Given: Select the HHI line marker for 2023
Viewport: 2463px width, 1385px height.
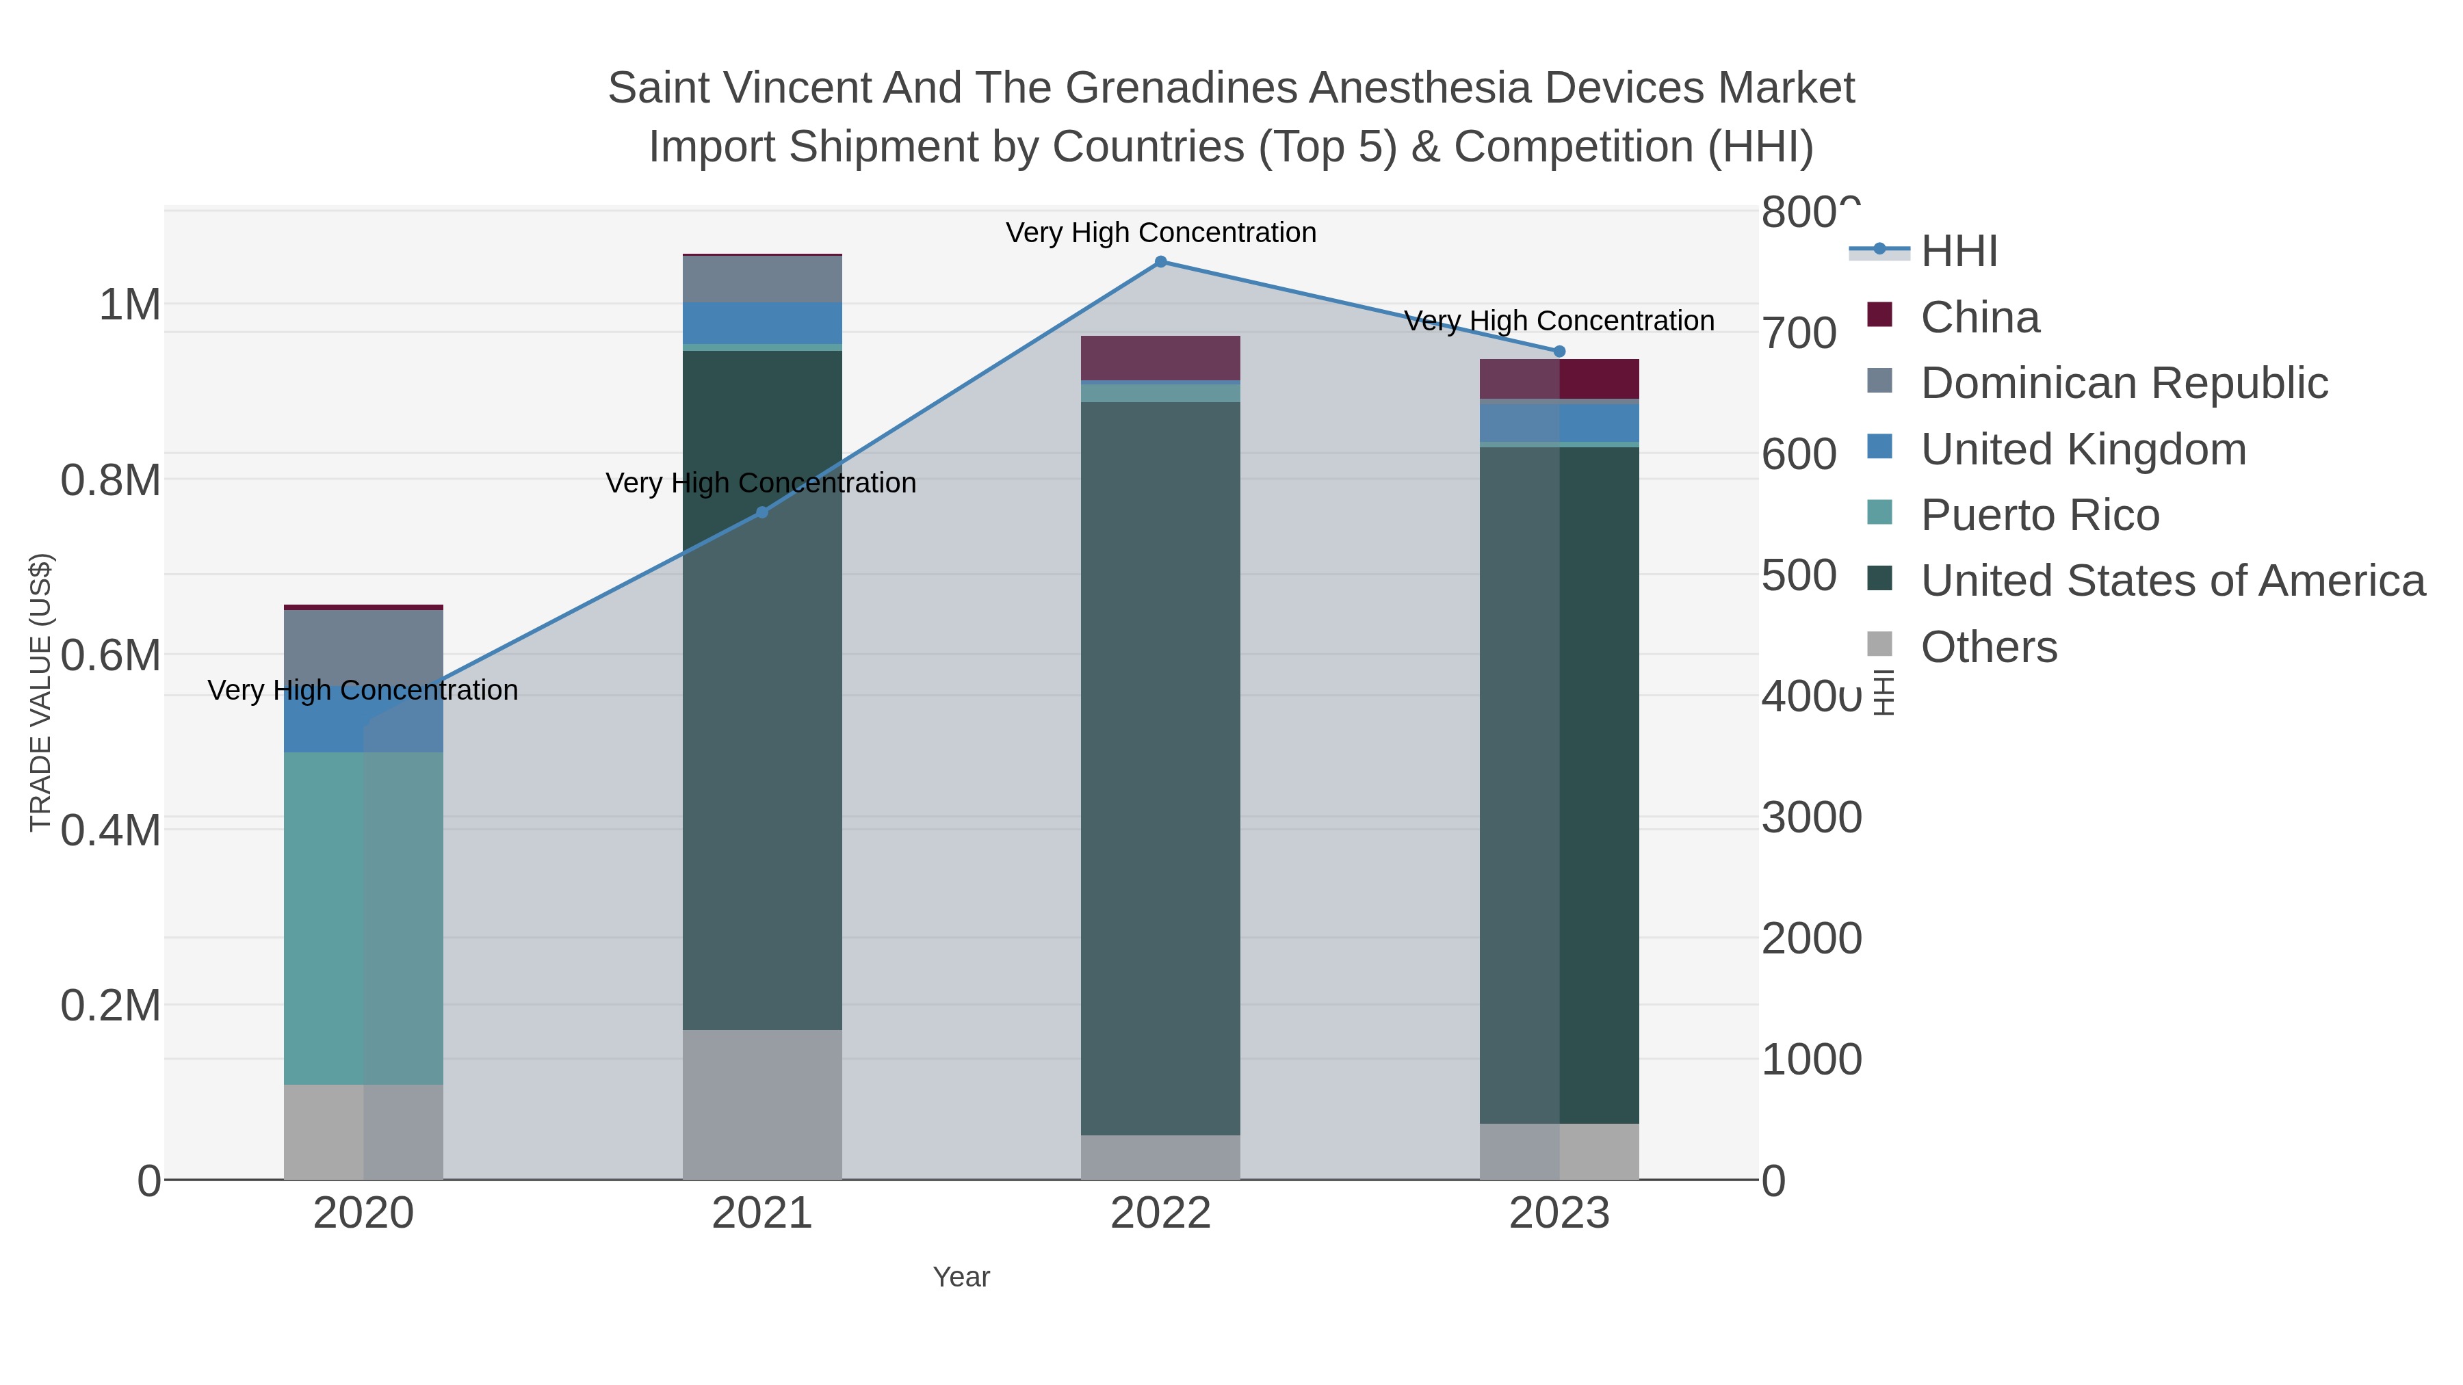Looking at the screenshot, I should click(x=1559, y=351).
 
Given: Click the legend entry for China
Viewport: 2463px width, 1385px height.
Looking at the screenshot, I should click(x=1979, y=317).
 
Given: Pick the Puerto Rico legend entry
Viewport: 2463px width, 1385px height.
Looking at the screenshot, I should click(x=2040, y=515).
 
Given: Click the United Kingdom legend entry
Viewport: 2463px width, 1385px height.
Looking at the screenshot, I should click(x=2083, y=449).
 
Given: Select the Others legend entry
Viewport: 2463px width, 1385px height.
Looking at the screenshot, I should click(x=1988, y=647).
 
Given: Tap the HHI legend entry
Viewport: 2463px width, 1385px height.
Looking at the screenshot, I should click(x=1958, y=252).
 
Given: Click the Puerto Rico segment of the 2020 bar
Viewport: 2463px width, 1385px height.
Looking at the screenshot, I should click(x=363, y=918).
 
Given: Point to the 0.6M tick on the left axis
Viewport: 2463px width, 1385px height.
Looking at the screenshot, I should click(x=110, y=656).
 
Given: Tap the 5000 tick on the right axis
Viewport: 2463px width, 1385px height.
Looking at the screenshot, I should click(x=1799, y=575).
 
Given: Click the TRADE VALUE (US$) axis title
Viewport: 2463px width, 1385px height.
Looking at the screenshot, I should click(x=40, y=692).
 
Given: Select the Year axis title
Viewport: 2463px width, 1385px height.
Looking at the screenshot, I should click(x=961, y=1277).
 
